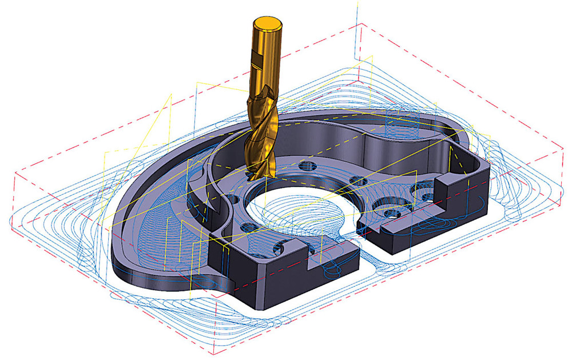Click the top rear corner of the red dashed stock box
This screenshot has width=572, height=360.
tap(362, 24)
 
